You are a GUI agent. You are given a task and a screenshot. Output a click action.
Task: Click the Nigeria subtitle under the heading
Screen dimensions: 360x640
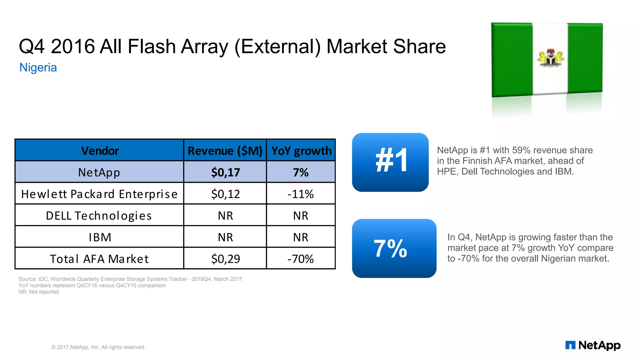click(38, 67)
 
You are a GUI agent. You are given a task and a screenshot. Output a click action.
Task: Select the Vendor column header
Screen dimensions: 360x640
click(100, 151)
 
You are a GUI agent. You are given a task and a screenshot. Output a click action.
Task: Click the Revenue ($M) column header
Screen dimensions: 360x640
click(225, 151)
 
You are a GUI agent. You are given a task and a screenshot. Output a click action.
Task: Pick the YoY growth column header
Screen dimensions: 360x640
click(301, 151)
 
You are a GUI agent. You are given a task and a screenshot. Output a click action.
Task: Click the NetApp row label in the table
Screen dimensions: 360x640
click(99, 172)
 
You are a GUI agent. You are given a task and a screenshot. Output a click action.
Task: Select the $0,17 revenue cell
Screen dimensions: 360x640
click(225, 172)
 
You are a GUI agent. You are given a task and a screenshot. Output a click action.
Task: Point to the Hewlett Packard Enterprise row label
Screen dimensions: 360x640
click(99, 194)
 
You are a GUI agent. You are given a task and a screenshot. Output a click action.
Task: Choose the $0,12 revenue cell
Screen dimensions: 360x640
click(225, 194)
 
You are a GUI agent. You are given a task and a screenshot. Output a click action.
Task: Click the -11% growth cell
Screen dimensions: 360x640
click(301, 194)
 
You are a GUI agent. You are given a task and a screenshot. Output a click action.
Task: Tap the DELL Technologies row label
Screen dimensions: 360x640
click(99, 216)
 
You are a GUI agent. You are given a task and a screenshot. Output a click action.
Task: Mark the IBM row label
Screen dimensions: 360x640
click(100, 237)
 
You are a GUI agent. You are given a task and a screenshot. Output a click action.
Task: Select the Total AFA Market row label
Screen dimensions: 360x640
click(99, 259)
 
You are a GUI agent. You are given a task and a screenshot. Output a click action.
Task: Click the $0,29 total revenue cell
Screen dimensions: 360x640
click(225, 259)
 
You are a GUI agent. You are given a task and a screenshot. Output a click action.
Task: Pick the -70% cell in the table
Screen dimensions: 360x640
click(301, 259)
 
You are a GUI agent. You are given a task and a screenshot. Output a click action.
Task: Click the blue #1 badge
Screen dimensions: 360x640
click(390, 162)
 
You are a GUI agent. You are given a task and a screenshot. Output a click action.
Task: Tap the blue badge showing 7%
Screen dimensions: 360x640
click(394, 248)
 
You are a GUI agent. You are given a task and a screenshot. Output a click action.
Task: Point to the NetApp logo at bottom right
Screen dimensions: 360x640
click(592, 345)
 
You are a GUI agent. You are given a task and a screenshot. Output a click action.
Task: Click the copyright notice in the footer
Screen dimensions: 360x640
click(98, 347)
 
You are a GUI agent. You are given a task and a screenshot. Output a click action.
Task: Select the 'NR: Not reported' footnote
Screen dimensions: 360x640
click(38, 292)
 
